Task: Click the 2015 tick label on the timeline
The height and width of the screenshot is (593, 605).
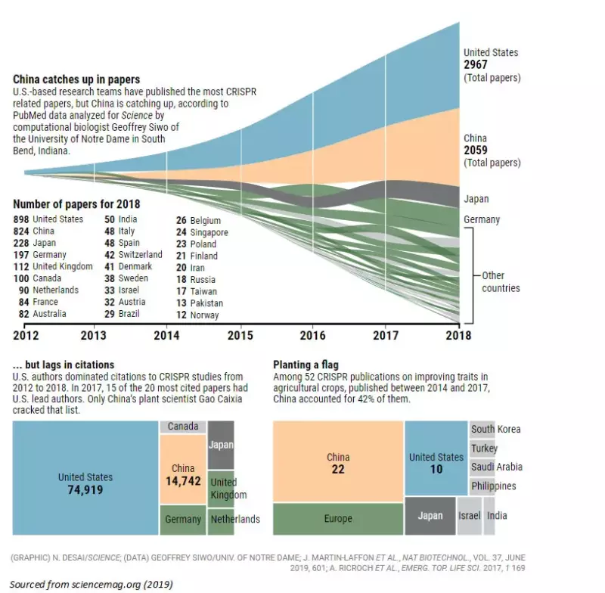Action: pyautogui.click(x=240, y=334)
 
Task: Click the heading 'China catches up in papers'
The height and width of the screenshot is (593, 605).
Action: pyautogui.click(x=76, y=79)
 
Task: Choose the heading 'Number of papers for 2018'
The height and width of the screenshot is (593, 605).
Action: pyautogui.click(x=76, y=204)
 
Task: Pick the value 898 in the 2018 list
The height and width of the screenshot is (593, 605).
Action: pyautogui.click(x=21, y=219)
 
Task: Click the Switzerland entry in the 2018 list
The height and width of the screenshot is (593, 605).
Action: pyautogui.click(x=140, y=255)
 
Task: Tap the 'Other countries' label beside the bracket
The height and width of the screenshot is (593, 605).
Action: pyautogui.click(x=501, y=281)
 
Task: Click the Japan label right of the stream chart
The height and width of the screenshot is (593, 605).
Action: pyautogui.click(x=476, y=200)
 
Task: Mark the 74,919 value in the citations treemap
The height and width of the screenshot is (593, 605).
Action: pyautogui.click(x=85, y=490)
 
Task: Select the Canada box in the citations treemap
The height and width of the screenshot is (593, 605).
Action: pyautogui.click(x=182, y=427)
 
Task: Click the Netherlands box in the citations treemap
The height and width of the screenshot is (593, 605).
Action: pyautogui.click(x=234, y=520)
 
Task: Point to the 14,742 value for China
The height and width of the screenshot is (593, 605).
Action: pyautogui.click(x=183, y=481)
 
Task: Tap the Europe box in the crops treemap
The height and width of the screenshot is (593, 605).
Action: pyautogui.click(x=338, y=519)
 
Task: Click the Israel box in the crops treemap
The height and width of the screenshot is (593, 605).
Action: pyautogui.click(x=469, y=516)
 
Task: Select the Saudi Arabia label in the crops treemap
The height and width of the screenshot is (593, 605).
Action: pyautogui.click(x=496, y=467)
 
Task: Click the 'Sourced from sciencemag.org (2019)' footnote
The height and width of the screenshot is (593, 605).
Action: pyautogui.click(x=91, y=584)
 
